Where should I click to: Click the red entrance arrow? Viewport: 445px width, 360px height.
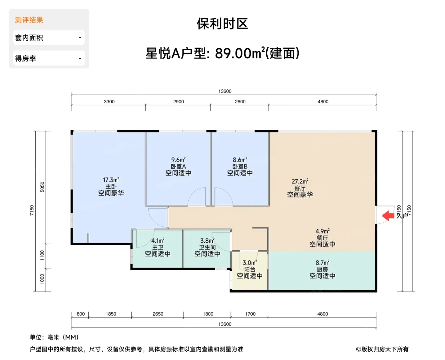(388, 216)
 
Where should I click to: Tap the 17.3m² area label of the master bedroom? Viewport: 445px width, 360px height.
(111, 180)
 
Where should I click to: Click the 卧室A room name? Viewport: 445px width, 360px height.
(178, 166)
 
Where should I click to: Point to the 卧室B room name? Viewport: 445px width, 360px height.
(240, 166)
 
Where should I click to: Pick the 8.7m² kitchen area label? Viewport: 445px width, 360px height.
(322, 262)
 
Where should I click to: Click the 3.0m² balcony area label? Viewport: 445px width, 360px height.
(250, 262)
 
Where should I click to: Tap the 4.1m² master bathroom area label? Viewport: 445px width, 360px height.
(158, 240)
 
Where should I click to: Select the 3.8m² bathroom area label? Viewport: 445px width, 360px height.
(207, 240)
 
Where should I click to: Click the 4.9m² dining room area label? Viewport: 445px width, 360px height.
(322, 231)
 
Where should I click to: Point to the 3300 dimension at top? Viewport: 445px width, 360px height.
(109, 101)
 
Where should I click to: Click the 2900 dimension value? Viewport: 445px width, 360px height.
(178, 101)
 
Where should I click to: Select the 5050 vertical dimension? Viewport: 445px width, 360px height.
(42, 187)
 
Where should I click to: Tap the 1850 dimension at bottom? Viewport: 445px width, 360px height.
(111, 314)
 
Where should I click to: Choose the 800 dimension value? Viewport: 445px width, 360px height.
(81, 314)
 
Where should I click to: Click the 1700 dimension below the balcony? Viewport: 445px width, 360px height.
(250, 314)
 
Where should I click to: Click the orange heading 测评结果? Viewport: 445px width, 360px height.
(29, 20)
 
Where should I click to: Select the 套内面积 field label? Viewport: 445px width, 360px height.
(29, 38)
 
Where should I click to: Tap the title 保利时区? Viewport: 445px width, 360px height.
(222, 24)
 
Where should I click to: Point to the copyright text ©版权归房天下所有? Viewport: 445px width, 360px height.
(382, 349)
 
